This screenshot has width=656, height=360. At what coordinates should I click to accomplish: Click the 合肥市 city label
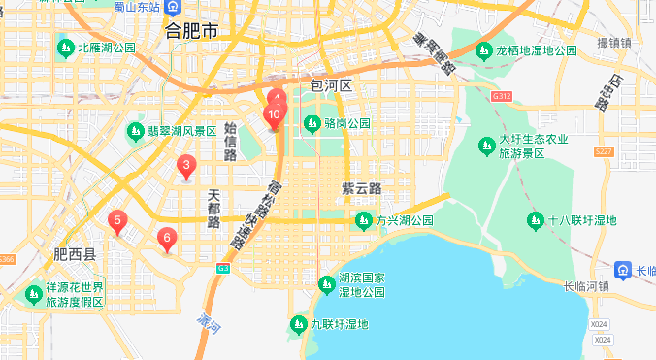click(191, 31)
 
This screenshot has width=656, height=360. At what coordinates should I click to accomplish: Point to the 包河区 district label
click(330, 85)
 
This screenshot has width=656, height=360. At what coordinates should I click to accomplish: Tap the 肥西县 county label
click(75, 255)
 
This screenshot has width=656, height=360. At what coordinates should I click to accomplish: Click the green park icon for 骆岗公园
click(312, 123)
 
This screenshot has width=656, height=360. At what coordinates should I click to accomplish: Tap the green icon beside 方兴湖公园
click(364, 220)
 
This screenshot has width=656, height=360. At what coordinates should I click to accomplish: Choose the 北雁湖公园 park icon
click(65, 47)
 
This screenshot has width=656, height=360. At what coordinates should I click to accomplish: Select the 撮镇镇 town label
click(614, 43)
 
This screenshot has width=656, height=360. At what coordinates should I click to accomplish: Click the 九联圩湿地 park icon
click(298, 323)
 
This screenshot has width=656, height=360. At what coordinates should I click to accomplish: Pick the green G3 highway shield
click(223, 268)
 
